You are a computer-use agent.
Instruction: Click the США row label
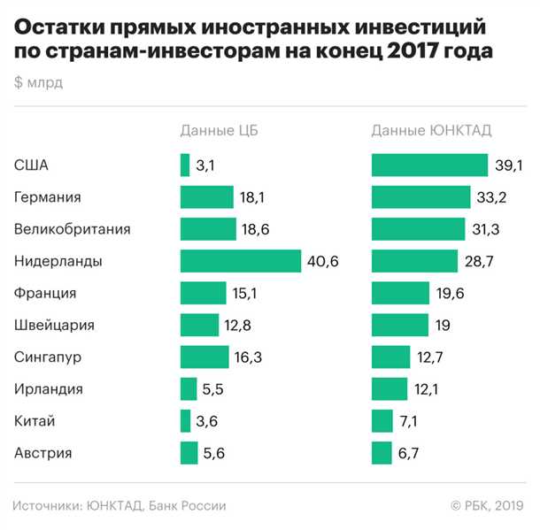(x=32, y=165)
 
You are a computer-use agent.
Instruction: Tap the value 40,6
(x=322, y=261)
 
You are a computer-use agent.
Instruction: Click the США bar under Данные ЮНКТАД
(x=429, y=165)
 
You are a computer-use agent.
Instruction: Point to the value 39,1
(x=506, y=165)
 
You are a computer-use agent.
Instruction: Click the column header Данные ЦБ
(x=220, y=130)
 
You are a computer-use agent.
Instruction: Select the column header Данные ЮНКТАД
(x=431, y=130)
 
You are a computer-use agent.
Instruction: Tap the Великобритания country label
(x=73, y=229)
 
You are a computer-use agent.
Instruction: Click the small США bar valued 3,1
(x=185, y=165)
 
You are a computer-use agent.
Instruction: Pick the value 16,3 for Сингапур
(x=248, y=357)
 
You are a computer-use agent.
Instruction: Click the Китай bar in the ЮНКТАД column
(x=382, y=421)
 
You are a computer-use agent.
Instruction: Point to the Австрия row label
(x=43, y=453)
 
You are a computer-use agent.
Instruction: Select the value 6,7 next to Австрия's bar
(x=409, y=453)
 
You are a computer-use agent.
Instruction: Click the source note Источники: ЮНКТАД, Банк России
(x=120, y=505)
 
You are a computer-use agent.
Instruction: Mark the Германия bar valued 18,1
(x=206, y=197)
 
